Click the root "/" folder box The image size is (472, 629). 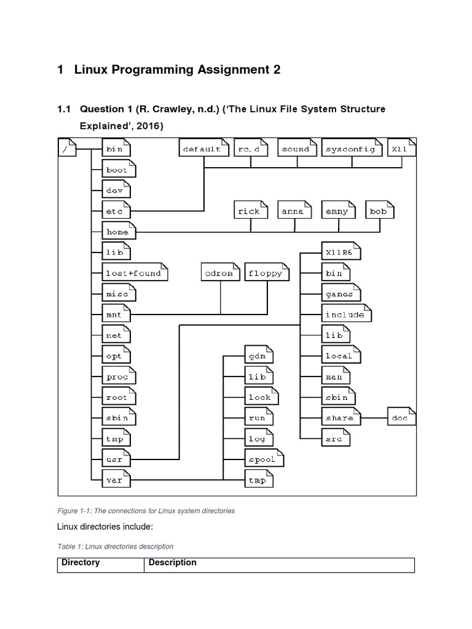pyautogui.click(x=67, y=149)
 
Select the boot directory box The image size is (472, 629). pyautogui.click(x=118, y=170)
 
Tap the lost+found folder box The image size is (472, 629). pyautogui.click(x=134, y=273)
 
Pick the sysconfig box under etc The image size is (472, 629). pyautogui.click(x=351, y=149)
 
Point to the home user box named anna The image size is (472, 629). pyautogui.click(x=293, y=211)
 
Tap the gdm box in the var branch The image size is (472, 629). pyautogui.click(x=257, y=356)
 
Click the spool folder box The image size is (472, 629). pyautogui.click(x=263, y=459)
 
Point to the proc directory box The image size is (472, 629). pyautogui.click(x=118, y=377)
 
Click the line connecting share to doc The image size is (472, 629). pyautogui.click(x=374, y=418)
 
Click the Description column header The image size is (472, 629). pyautogui.click(x=173, y=563)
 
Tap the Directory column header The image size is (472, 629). pyautogui.click(x=81, y=563)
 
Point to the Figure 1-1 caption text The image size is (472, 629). pyautogui.click(x=146, y=510)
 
